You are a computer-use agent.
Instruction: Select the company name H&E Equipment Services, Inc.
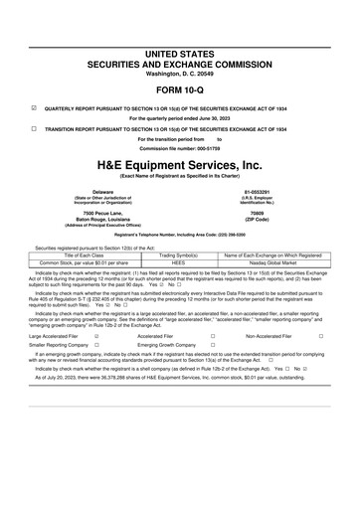(179, 163)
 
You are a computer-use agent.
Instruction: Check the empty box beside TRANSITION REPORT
(36, 129)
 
